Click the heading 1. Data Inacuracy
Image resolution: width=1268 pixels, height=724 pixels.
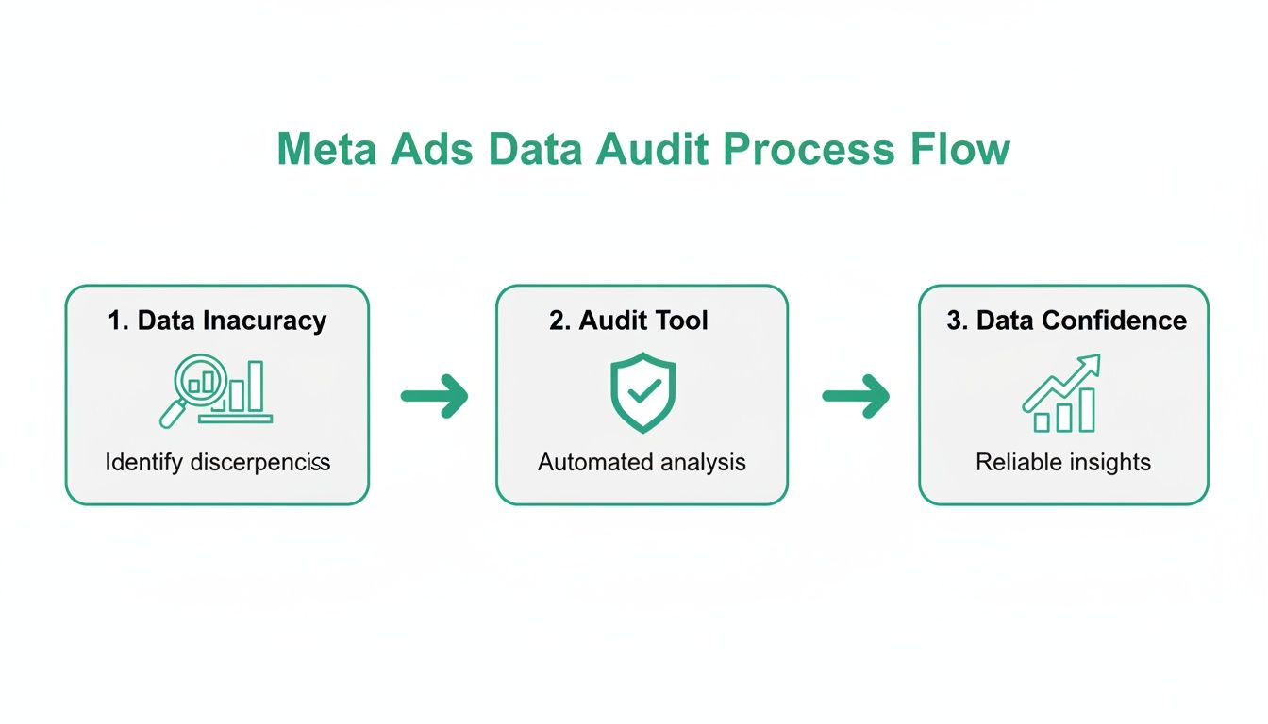[217, 321]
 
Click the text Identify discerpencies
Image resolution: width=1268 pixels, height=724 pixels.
[217, 463]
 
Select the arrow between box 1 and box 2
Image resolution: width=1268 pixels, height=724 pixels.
[434, 395]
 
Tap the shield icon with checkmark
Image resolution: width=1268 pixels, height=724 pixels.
[642, 392]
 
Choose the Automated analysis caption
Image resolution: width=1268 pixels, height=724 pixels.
[642, 463]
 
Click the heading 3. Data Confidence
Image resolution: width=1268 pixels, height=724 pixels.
[1066, 321]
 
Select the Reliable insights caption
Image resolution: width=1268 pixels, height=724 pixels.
[1063, 463]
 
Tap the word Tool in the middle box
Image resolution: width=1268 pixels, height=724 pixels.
[681, 321]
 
